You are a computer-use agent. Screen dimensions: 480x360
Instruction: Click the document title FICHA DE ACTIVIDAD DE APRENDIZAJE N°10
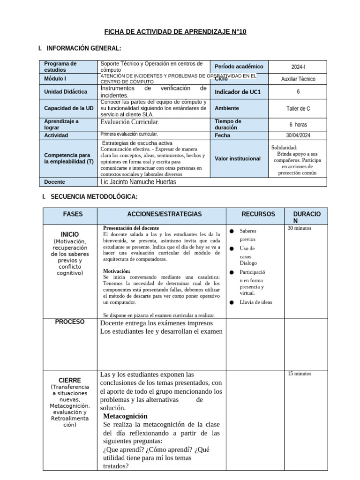pyautogui.click(x=175, y=32)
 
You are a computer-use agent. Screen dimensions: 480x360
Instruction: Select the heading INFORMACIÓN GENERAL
pyautogui.click(x=82, y=49)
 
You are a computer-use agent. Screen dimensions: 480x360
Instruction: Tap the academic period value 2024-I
pyautogui.click(x=298, y=67)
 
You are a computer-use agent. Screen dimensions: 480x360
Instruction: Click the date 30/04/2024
pyautogui.click(x=298, y=135)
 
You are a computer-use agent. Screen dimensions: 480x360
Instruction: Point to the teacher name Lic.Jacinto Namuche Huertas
pyautogui.click(x=138, y=182)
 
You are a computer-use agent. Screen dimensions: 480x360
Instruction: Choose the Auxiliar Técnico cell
pyautogui.click(x=298, y=79)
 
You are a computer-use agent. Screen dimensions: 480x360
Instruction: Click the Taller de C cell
pyautogui.click(x=298, y=108)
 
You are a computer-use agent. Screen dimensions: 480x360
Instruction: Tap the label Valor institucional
pyautogui.click(x=238, y=158)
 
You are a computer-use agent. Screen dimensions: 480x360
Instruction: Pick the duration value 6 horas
pyautogui.click(x=298, y=125)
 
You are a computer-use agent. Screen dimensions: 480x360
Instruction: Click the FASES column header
pyautogui.click(x=73, y=214)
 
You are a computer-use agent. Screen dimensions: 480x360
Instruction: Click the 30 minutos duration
pyautogui.click(x=300, y=228)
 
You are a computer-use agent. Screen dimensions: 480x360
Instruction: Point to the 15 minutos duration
pyautogui.click(x=300, y=374)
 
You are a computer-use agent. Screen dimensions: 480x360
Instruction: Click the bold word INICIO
pyautogui.click(x=70, y=234)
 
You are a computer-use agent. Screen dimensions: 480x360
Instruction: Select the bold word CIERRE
pyautogui.click(x=70, y=380)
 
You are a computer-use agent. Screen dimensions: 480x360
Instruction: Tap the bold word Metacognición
pyautogui.click(x=125, y=416)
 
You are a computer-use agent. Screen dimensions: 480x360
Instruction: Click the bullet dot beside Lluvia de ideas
pyautogui.click(x=232, y=303)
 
